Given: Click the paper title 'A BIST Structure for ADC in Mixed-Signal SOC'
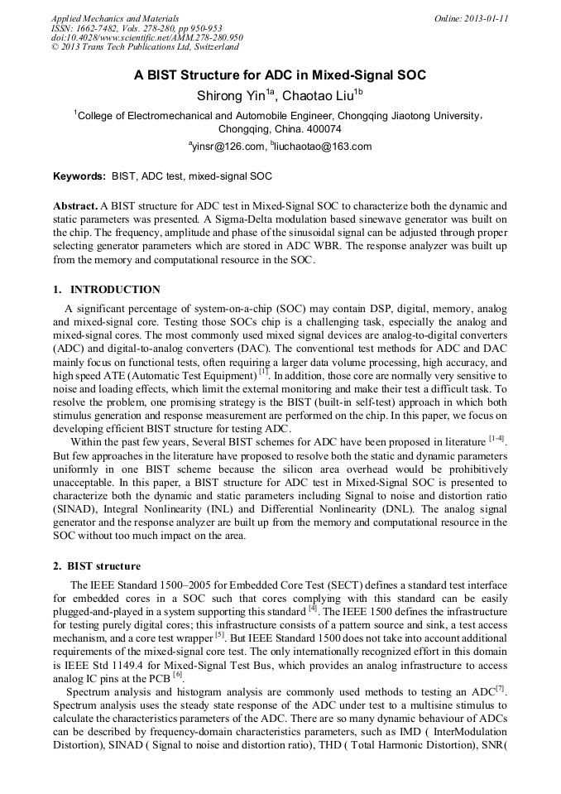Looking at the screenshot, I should coord(280,75).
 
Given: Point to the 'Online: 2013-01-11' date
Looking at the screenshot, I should coord(471,17).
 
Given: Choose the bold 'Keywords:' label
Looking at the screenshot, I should coord(79,176).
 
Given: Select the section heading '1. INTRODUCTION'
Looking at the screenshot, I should coord(107,290).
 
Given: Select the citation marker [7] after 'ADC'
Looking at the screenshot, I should coord(501,686).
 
